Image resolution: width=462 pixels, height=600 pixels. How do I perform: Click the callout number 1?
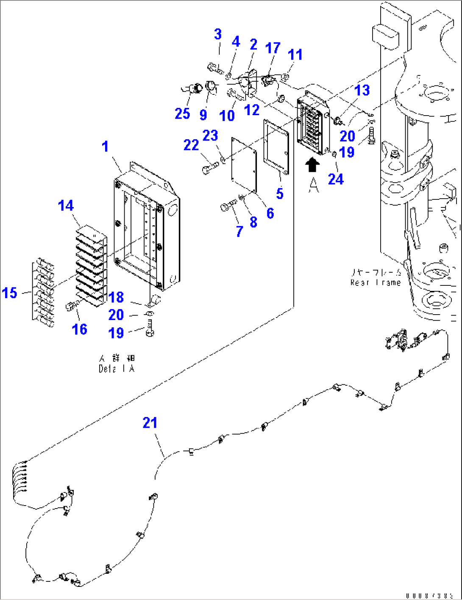pyautogui.click(x=105, y=147)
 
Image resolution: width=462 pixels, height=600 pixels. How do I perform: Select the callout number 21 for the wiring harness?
pyautogui.click(x=150, y=423)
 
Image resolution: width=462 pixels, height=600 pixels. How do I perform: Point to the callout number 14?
pyautogui.click(x=66, y=206)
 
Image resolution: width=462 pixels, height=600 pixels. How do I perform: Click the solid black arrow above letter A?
pyautogui.click(x=312, y=164)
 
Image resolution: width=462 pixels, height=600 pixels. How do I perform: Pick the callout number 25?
pyautogui.click(x=182, y=113)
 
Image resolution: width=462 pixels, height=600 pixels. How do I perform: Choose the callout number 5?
pyautogui.click(x=280, y=194)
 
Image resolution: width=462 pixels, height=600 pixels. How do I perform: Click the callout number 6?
pyautogui.click(x=270, y=213)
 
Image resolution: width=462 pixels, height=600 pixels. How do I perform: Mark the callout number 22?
pyautogui.click(x=191, y=145)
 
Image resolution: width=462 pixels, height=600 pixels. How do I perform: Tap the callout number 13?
pyautogui.click(x=362, y=90)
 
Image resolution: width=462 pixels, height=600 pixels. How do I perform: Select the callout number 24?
pyautogui.click(x=335, y=179)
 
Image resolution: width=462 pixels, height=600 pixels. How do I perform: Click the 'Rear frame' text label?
pyautogui.click(x=376, y=282)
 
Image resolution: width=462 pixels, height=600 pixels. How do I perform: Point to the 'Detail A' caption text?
pyautogui.click(x=117, y=369)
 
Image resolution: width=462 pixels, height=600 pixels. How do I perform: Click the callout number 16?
pyautogui.click(x=80, y=329)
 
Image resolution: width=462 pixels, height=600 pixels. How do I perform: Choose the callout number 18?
pyautogui.click(x=116, y=297)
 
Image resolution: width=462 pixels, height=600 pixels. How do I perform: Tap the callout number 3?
pyautogui.click(x=217, y=34)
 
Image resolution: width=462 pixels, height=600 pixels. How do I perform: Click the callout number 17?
pyautogui.click(x=273, y=48)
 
